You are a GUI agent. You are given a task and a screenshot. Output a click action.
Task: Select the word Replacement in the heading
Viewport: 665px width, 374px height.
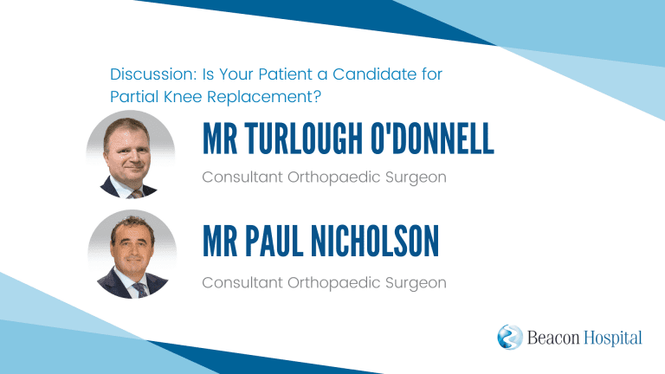tap(264, 97)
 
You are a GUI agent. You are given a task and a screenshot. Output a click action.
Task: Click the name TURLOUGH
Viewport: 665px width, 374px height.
tap(304, 139)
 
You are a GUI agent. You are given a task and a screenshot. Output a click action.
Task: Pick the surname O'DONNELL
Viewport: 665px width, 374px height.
tap(432, 139)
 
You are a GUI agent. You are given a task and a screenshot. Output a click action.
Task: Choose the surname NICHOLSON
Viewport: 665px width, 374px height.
tap(375, 242)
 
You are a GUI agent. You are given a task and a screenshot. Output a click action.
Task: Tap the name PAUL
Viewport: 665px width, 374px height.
tap(274, 242)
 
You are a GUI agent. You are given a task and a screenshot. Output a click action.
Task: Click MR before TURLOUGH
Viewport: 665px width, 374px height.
tap(220, 139)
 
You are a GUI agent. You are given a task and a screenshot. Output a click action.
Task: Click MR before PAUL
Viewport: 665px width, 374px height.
tap(220, 242)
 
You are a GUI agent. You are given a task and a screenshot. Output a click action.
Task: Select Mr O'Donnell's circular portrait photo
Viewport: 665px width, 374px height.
tap(131, 155)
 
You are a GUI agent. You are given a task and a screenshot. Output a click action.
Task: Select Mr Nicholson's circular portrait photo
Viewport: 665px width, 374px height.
tap(132, 255)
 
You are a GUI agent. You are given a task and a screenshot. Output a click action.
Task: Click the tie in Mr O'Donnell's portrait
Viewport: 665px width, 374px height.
tap(137, 195)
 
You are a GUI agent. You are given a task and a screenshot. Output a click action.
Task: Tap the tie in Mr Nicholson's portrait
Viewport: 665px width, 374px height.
tap(140, 290)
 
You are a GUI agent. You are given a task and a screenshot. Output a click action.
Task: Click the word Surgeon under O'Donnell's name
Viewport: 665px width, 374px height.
tap(416, 177)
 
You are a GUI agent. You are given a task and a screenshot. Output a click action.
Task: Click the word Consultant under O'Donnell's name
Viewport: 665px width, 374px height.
tap(242, 177)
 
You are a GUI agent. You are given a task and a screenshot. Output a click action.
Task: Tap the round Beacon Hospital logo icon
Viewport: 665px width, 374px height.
tap(510, 337)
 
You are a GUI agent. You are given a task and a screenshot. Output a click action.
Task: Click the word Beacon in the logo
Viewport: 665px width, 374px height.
tap(553, 338)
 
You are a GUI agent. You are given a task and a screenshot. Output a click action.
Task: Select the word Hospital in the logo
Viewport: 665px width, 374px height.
tap(613, 339)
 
